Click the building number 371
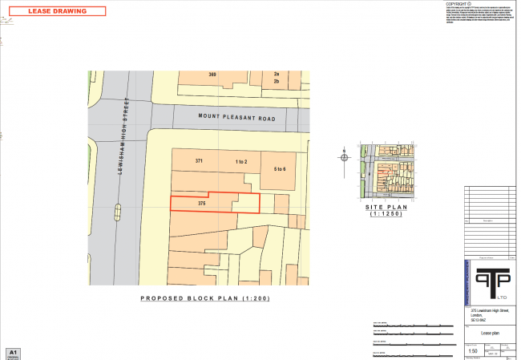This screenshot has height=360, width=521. (x=200, y=161)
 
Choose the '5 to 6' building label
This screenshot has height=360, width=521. (x=280, y=169)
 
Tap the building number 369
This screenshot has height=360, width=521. (x=212, y=75)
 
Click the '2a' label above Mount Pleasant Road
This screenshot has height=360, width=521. (x=276, y=74)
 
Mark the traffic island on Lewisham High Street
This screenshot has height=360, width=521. (x=119, y=212)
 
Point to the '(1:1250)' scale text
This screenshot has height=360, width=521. (x=387, y=214)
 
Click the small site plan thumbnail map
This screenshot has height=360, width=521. (x=387, y=172)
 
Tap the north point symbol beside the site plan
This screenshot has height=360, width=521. (x=345, y=157)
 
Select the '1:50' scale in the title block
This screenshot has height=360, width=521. (x=474, y=350)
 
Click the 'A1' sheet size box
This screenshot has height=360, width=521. (x=12, y=352)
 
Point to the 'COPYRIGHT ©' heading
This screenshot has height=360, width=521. (x=460, y=4)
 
